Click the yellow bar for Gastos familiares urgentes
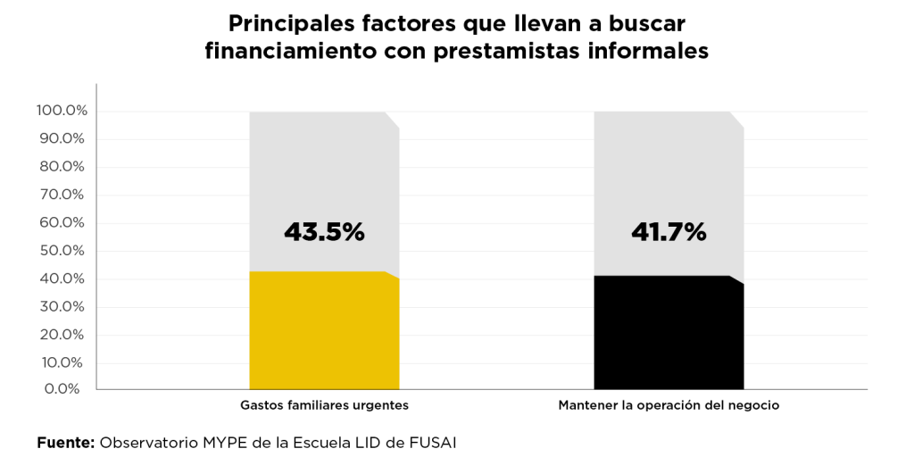click(x=324, y=330)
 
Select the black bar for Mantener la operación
click(x=669, y=333)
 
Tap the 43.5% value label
click(x=324, y=232)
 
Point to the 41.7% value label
click(x=669, y=232)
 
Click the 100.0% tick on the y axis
click(x=62, y=111)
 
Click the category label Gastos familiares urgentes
click(x=324, y=405)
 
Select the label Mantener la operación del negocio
click(x=669, y=405)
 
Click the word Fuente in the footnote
click(x=65, y=442)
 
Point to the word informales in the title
click(x=646, y=52)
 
